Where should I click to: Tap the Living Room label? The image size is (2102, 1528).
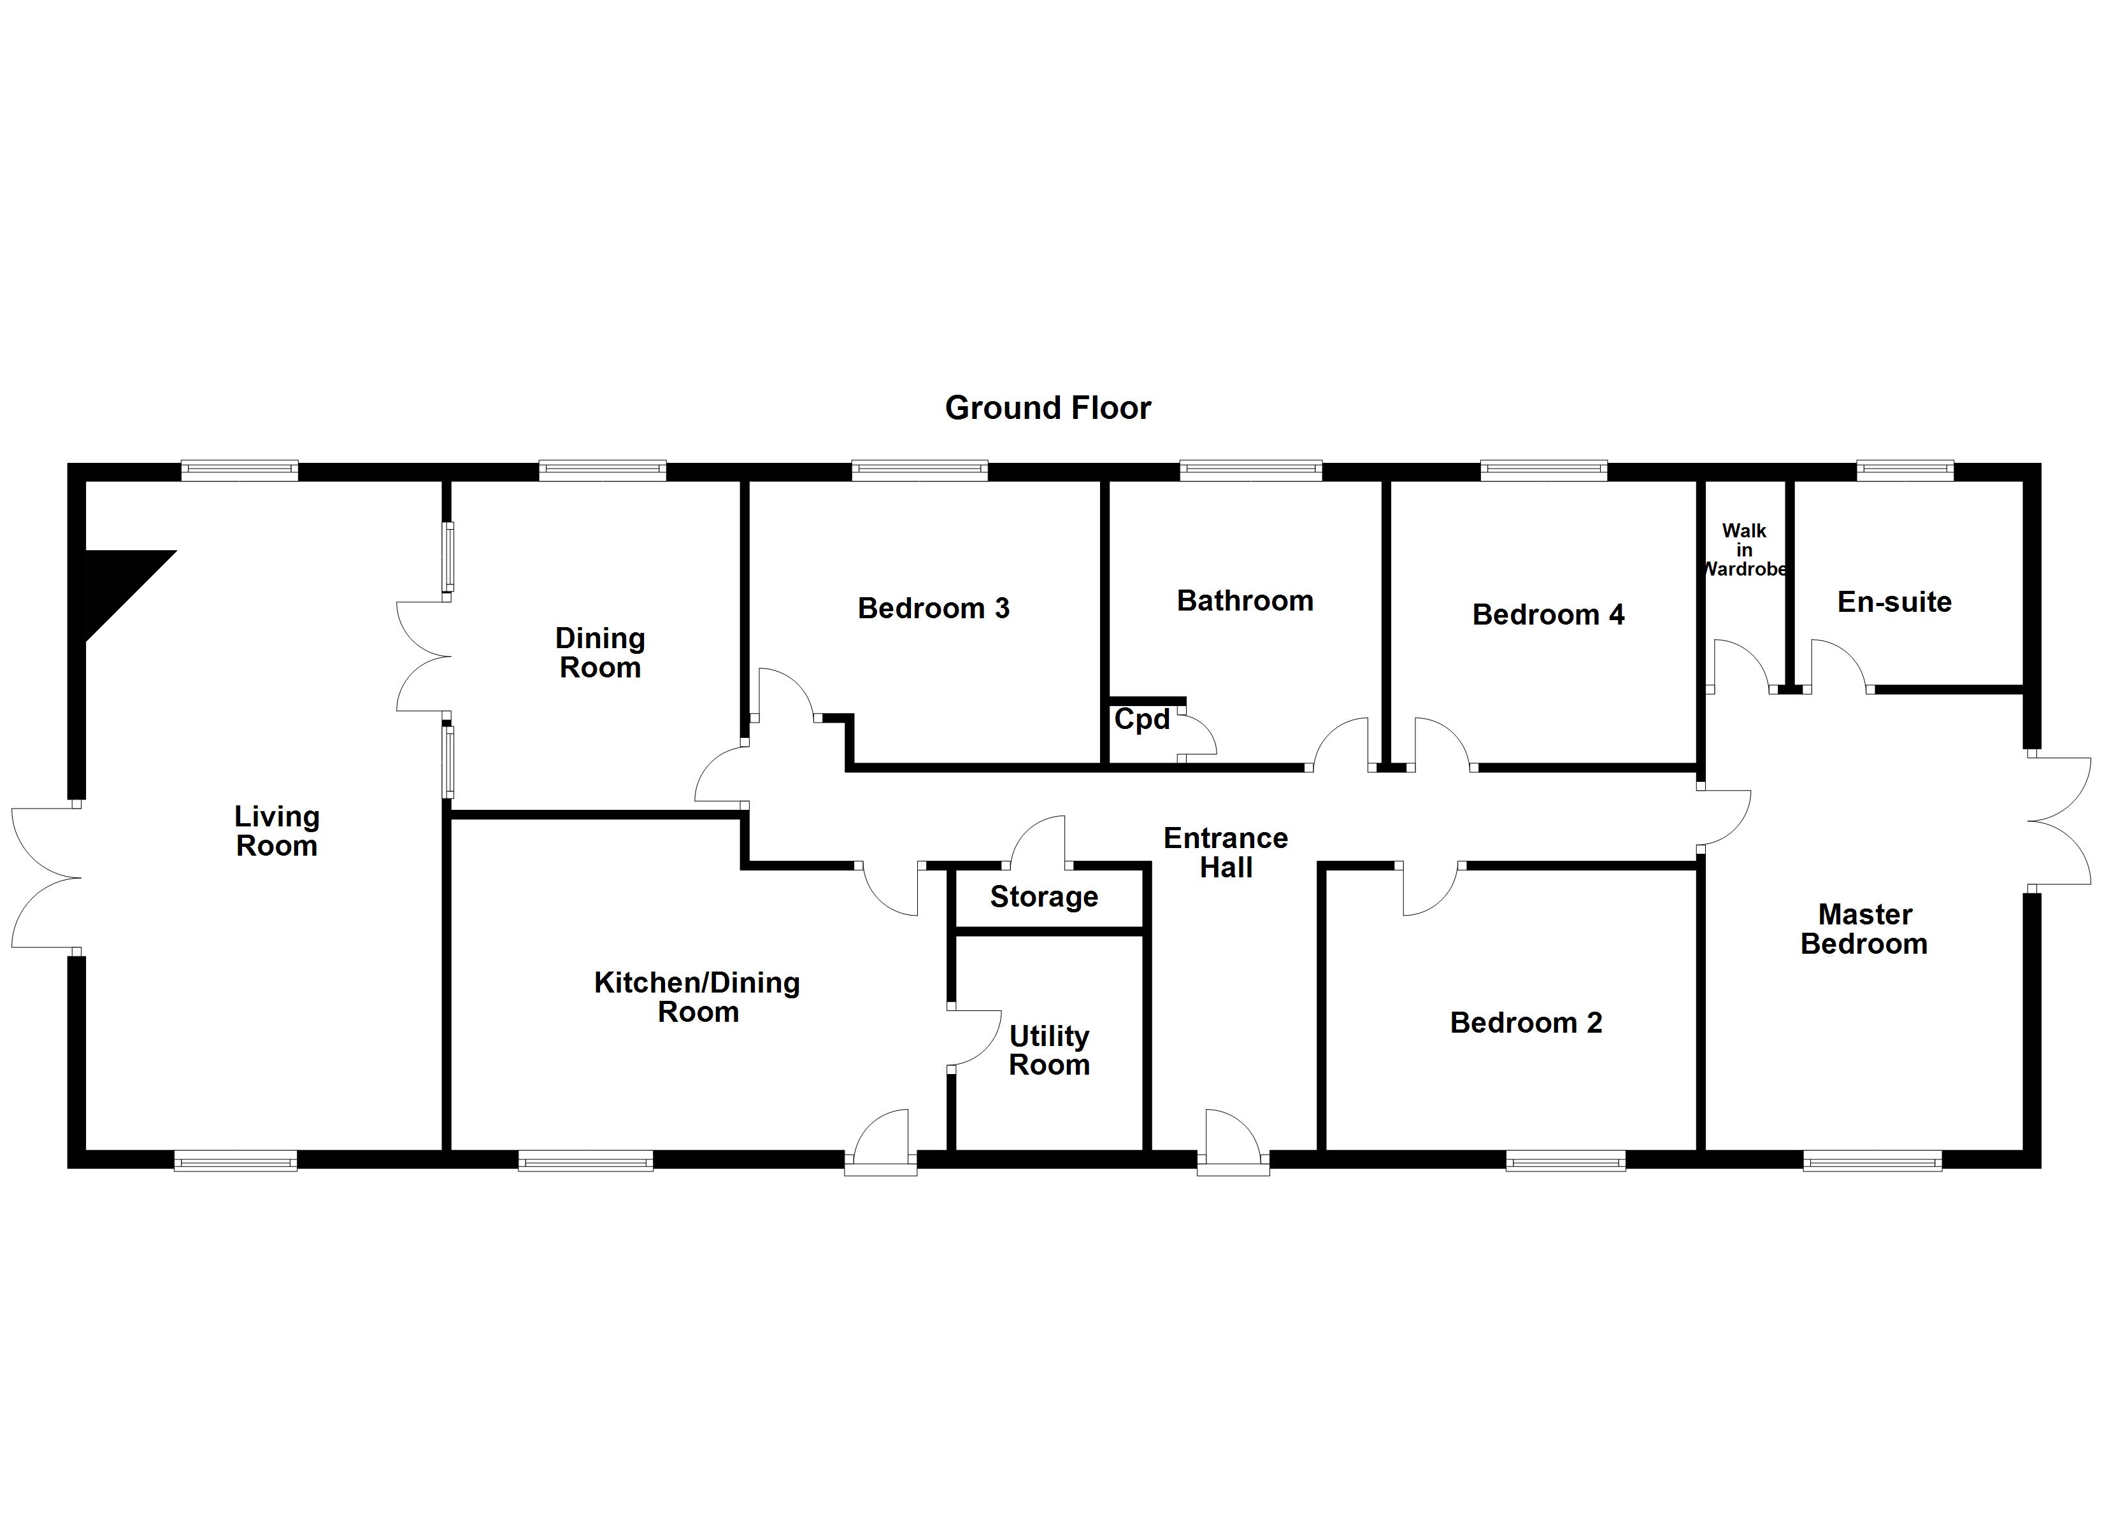click(276, 831)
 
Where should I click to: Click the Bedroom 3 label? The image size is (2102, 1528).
click(933, 609)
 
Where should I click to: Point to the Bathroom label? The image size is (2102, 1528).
click(1245, 602)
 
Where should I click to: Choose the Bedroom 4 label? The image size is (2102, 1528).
click(1548, 615)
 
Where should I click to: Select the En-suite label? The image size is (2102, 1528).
click(1894, 602)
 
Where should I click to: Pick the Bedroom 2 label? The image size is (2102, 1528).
click(1526, 1023)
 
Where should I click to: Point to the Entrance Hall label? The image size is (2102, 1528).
click(1226, 853)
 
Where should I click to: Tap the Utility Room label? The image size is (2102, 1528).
click(1049, 1050)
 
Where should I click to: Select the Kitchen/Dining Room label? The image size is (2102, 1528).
click(697, 997)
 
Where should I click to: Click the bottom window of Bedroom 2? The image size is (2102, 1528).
click(1566, 1160)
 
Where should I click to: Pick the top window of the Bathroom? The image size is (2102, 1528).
click(1250, 470)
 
